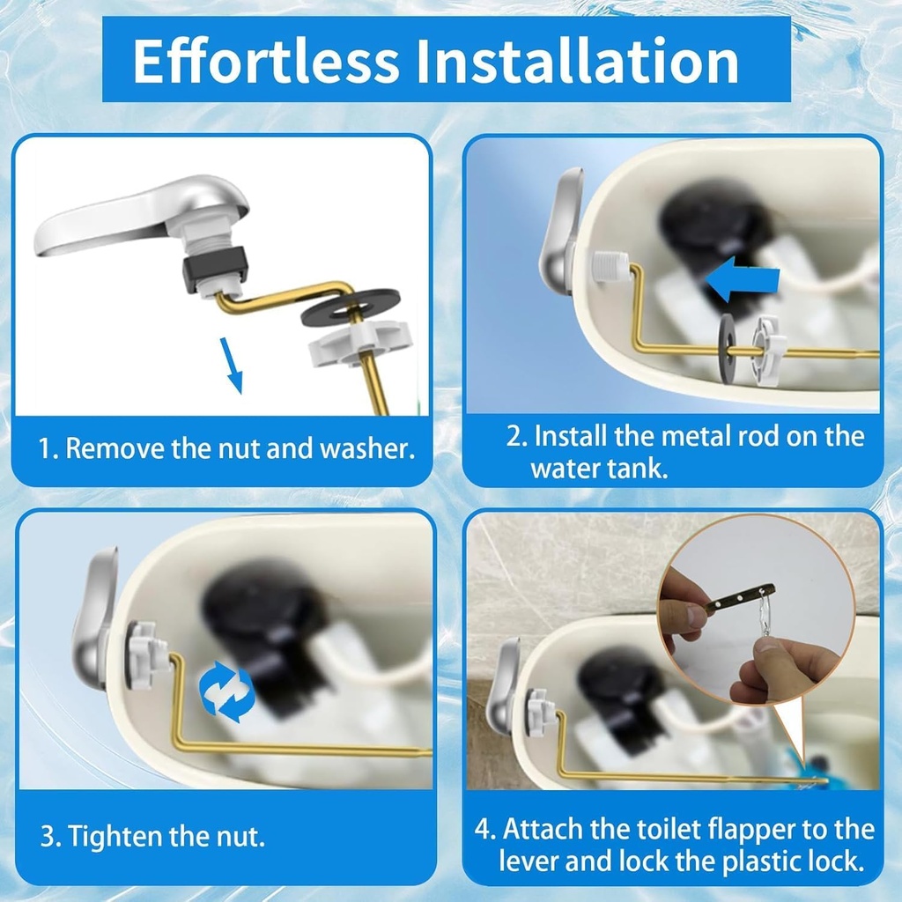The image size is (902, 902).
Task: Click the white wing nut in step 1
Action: pyautogui.click(x=359, y=342)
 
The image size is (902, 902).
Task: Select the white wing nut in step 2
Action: pyautogui.click(x=770, y=350)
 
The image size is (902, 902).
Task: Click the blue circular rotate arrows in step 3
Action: pyautogui.click(x=226, y=691)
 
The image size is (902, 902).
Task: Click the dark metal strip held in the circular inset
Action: pyautogui.click(x=739, y=599)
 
